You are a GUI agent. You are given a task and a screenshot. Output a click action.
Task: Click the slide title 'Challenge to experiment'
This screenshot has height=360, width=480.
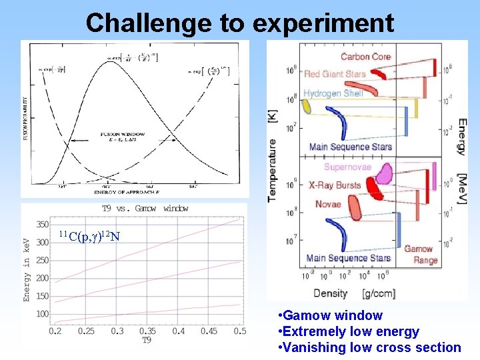pyautogui.click(x=239, y=23)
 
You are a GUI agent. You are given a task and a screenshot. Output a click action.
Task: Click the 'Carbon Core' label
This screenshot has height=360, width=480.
pyautogui.click(x=365, y=57)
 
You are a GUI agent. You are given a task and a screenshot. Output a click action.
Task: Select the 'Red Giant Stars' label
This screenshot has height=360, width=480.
pyautogui.click(x=335, y=73)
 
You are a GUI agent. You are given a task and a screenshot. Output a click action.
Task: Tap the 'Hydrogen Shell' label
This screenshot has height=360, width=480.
pyautogui.click(x=333, y=93)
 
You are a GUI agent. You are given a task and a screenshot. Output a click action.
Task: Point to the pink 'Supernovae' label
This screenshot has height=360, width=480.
pyautogui.click(x=347, y=167)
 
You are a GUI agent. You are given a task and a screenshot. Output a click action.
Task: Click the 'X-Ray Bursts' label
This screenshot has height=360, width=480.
pyautogui.click(x=335, y=185)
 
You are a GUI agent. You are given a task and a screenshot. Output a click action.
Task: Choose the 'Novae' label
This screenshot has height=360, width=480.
pyautogui.click(x=328, y=204)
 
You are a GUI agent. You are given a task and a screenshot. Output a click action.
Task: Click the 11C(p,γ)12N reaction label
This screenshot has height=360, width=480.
pyautogui.click(x=89, y=236)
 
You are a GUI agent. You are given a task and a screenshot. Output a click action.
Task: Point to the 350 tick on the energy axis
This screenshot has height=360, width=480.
pyautogui.click(x=42, y=224)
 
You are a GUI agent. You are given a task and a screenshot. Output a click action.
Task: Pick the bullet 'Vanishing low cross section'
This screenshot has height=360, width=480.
pyautogui.click(x=369, y=347)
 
